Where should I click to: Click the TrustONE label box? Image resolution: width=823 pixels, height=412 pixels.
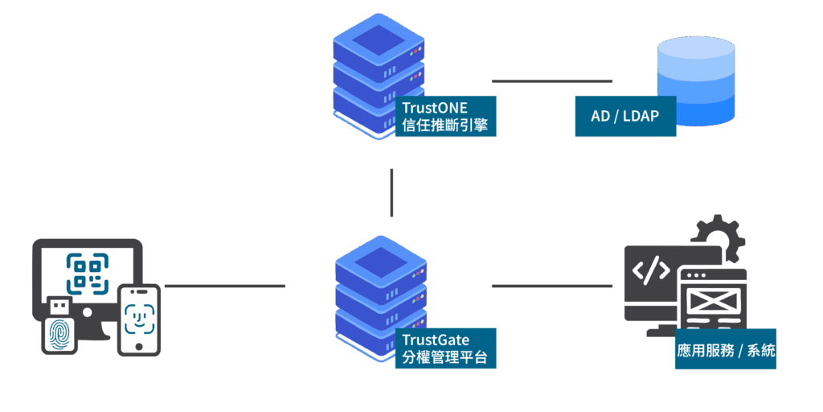(445, 117)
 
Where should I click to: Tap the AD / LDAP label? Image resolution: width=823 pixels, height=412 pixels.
(625, 117)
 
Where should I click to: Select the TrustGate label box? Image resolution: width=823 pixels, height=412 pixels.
(445, 348)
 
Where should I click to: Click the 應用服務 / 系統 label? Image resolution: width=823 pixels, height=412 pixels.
(726, 350)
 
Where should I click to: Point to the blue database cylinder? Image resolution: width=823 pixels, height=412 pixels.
(696, 80)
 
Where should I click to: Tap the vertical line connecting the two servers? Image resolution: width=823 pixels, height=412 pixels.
(391, 192)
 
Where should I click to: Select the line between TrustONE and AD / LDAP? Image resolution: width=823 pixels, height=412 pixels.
(551, 80)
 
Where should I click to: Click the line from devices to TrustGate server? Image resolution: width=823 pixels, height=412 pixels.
(224, 286)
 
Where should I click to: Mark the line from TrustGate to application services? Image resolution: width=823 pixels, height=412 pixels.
(551, 286)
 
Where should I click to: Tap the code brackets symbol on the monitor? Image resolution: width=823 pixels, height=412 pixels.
(650, 271)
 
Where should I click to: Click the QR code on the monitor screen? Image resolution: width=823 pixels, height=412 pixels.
(87, 271)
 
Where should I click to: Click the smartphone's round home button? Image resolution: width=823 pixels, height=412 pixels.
(139, 347)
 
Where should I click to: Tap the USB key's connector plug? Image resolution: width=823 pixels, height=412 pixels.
(59, 307)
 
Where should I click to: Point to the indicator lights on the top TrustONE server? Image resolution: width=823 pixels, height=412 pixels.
(416, 51)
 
